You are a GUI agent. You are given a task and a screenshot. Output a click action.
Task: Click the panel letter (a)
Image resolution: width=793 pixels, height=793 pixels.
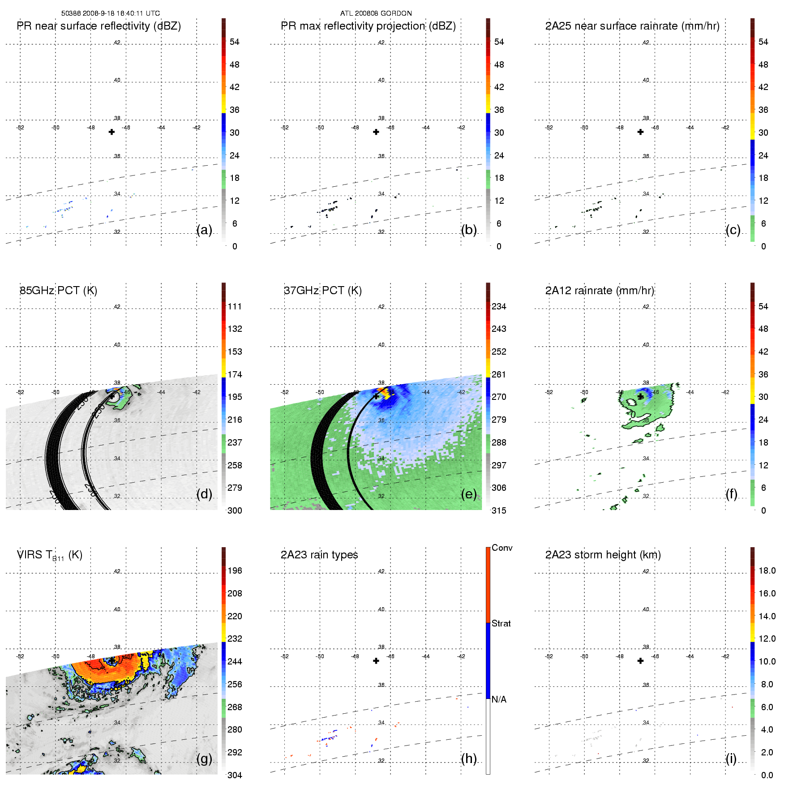click(204, 230)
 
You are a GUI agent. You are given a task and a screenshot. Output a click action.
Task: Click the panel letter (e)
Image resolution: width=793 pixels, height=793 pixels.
click(469, 494)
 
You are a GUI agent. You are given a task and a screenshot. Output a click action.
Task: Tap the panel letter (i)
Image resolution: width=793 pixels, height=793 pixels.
click(731, 759)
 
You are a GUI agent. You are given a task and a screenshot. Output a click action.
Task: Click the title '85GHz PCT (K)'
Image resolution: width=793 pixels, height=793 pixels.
click(58, 291)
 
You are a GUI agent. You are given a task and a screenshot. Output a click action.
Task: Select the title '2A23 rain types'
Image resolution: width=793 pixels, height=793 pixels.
click(319, 555)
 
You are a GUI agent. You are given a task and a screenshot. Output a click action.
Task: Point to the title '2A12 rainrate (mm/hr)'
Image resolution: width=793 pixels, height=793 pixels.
click(600, 291)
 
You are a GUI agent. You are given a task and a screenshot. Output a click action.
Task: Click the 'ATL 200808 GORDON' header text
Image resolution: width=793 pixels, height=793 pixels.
click(376, 13)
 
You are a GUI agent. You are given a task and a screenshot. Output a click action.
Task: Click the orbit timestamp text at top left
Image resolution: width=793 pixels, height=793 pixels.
click(111, 13)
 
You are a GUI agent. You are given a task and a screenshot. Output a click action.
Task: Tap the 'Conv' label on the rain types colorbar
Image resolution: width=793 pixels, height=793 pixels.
click(502, 548)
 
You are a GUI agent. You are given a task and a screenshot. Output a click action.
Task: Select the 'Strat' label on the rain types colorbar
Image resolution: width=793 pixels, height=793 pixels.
click(501, 623)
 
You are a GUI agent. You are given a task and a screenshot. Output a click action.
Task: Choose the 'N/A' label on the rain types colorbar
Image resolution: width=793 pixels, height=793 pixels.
click(499, 699)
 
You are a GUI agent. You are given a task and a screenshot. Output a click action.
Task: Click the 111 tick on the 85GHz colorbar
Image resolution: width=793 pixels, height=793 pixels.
click(235, 306)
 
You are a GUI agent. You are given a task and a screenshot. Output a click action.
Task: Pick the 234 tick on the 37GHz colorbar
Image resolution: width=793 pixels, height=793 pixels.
click(499, 306)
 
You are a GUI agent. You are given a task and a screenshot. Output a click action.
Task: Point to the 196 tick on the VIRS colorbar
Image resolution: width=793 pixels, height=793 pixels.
click(235, 570)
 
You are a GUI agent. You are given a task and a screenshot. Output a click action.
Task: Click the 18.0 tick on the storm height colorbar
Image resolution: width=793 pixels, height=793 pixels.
click(767, 570)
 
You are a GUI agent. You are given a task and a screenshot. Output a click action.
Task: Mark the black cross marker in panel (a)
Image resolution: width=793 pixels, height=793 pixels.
click(111, 132)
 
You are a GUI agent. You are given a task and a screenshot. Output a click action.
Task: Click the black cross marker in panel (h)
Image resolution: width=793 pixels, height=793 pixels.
click(376, 661)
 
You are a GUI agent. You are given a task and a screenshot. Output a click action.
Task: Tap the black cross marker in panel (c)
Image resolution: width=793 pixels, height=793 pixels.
click(640, 132)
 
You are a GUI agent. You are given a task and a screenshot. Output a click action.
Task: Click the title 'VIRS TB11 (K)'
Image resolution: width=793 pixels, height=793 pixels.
click(49, 555)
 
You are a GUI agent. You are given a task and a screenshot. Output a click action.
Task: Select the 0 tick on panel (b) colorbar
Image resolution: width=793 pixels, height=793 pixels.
click(499, 246)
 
